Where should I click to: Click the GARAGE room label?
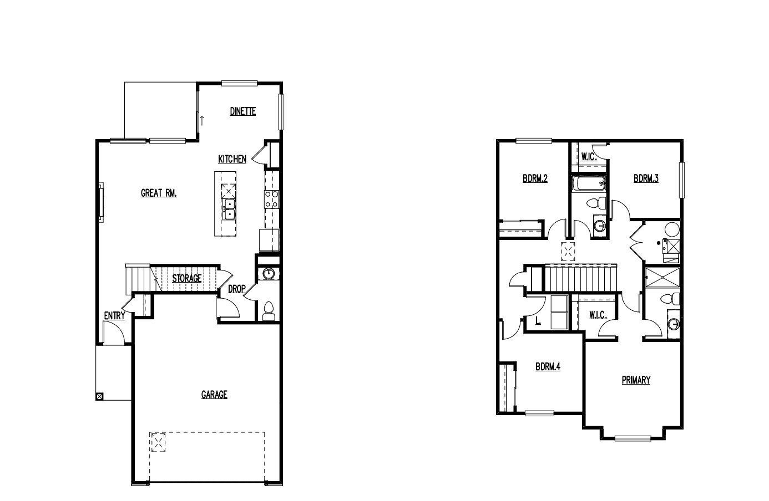point(214,395)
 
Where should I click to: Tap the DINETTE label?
point(243,111)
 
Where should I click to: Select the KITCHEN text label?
point(232,160)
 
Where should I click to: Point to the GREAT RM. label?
point(159,193)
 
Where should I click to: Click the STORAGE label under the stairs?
point(186,278)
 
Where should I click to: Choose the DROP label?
point(237,289)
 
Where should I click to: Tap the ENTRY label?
point(114,316)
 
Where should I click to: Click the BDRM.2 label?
point(535,179)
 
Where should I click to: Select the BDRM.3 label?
point(646,179)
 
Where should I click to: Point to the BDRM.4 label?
point(548,367)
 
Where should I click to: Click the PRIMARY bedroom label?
point(636,380)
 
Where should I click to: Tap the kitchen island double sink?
point(229,209)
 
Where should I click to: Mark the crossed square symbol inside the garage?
point(159,443)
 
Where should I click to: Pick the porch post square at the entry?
point(99,396)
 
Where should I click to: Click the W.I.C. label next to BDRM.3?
point(589,157)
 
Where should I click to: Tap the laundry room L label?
point(538,320)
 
